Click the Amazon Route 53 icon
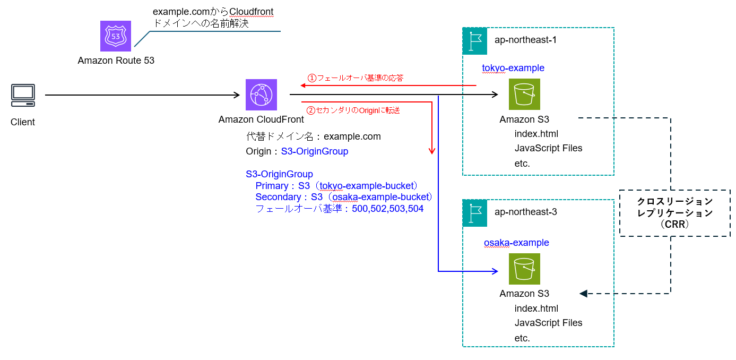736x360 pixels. (116, 36)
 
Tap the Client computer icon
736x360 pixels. (23, 95)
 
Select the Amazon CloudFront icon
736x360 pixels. (261, 95)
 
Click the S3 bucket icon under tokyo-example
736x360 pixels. (524, 95)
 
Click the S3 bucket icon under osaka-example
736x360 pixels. (524, 269)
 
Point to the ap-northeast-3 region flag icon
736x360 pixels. (475, 213)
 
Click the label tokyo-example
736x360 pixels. (513, 68)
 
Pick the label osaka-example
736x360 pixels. (516, 243)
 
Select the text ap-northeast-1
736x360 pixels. (525, 40)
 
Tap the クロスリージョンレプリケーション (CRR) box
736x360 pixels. (674, 213)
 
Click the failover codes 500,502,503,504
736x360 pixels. (387, 209)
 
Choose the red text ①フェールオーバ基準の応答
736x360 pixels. (356, 78)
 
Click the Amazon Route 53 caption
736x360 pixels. (116, 61)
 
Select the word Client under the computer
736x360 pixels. (23, 122)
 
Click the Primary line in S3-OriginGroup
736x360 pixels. (337, 186)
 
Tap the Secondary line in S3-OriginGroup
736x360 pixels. (344, 197)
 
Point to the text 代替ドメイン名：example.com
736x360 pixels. (313, 136)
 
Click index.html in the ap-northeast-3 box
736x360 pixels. (536, 308)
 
